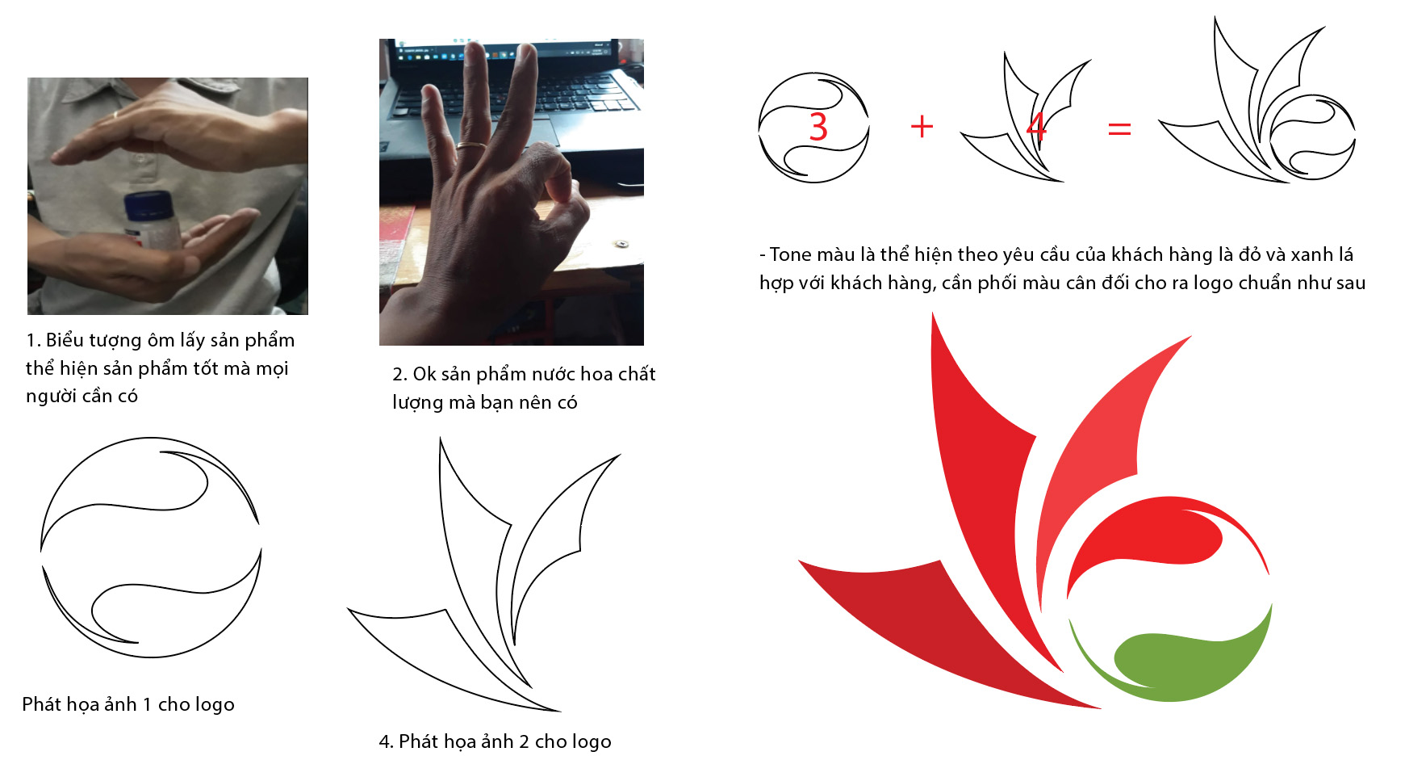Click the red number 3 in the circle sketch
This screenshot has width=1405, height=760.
click(x=818, y=127)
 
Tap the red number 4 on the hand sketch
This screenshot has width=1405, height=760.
click(x=1036, y=127)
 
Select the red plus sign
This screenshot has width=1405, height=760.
click(x=922, y=127)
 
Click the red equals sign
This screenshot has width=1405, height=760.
click(x=1119, y=128)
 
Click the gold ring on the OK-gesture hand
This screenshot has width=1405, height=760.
click(x=471, y=147)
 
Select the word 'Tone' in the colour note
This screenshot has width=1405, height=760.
click(x=790, y=254)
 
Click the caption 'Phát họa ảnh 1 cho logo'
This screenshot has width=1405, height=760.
click(x=128, y=704)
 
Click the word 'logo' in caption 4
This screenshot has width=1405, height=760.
click(x=592, y=741)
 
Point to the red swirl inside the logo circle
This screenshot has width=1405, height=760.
click(x=1162, y=537)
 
